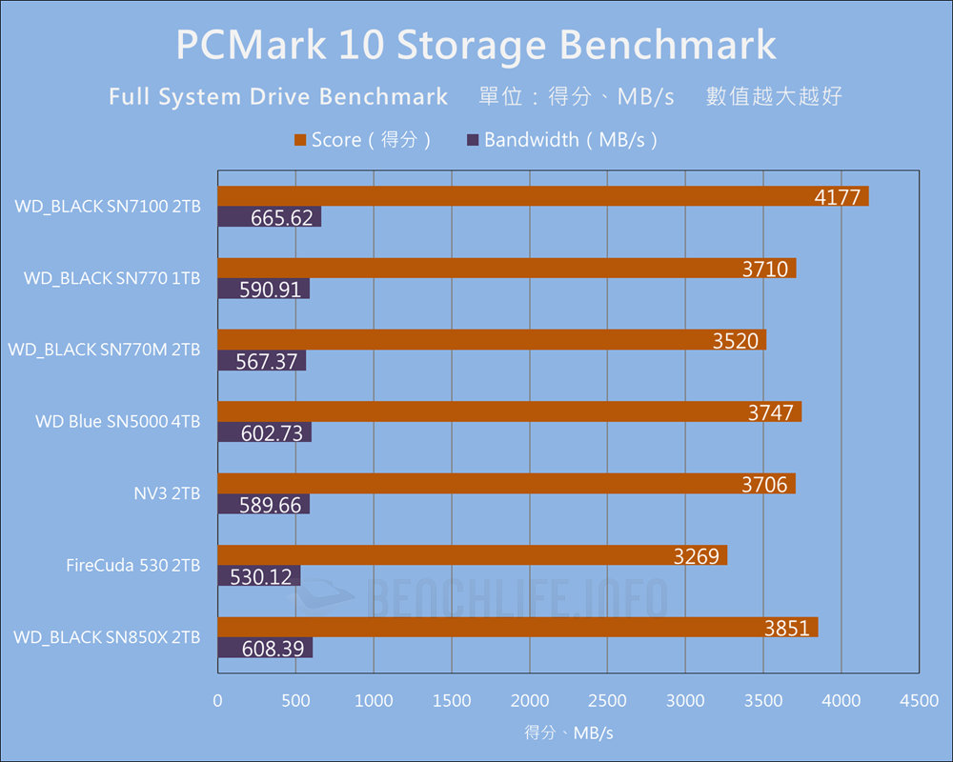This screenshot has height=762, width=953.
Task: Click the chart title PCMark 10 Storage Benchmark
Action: point(476,45)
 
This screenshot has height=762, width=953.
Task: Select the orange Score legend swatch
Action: point(300,140)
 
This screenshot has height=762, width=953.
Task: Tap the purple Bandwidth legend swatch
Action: point(473,140)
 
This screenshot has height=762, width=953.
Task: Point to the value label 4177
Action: point(838,197)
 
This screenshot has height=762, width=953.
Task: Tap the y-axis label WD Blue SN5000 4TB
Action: point(117,421)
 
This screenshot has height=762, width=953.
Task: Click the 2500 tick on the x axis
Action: point(607,701)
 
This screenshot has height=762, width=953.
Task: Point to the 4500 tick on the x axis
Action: point(919,701)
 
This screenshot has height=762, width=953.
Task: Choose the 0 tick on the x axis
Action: point(218,701)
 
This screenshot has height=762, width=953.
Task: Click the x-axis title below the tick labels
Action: point(568,732)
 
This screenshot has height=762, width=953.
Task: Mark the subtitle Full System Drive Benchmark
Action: point(278,97)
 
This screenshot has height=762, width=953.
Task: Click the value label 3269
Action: point(697,555)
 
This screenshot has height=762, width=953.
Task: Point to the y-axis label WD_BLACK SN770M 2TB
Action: point(104,350)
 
